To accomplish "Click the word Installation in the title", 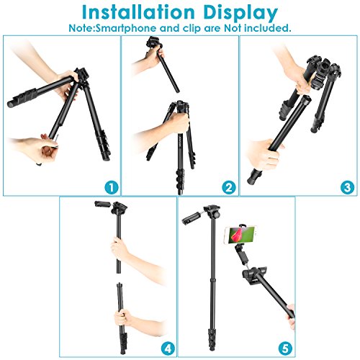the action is (x=138, y=12).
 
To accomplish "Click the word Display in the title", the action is (x=240, y=14).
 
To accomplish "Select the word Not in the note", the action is (x=233, y=28).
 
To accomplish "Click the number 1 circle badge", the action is (x=112, y=187).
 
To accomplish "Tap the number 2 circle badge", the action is (x=229, y=187).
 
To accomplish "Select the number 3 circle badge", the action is (x=347, y=187).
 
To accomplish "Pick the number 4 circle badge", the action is (x=168, y=348).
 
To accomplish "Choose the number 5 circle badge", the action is (x=285, y=348).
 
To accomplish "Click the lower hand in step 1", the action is (x=36, y=150).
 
